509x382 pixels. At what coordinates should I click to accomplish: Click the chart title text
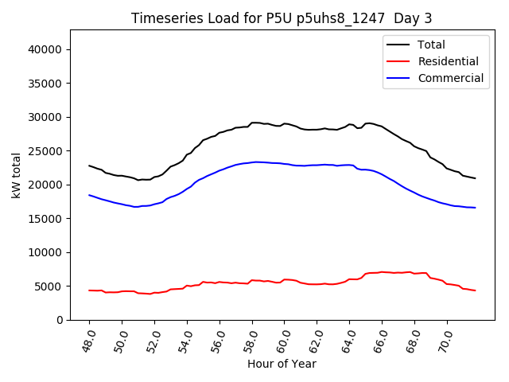point(282,18)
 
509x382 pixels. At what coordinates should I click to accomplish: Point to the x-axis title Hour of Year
point(282,364)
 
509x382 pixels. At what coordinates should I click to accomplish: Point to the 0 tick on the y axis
point(60,320)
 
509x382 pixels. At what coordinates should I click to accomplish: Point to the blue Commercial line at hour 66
point(382,173)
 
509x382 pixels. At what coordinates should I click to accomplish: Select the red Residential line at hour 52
point(154,293)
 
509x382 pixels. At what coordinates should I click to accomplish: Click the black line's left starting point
point(89,166)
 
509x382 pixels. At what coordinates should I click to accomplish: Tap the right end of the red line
point(475,290)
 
